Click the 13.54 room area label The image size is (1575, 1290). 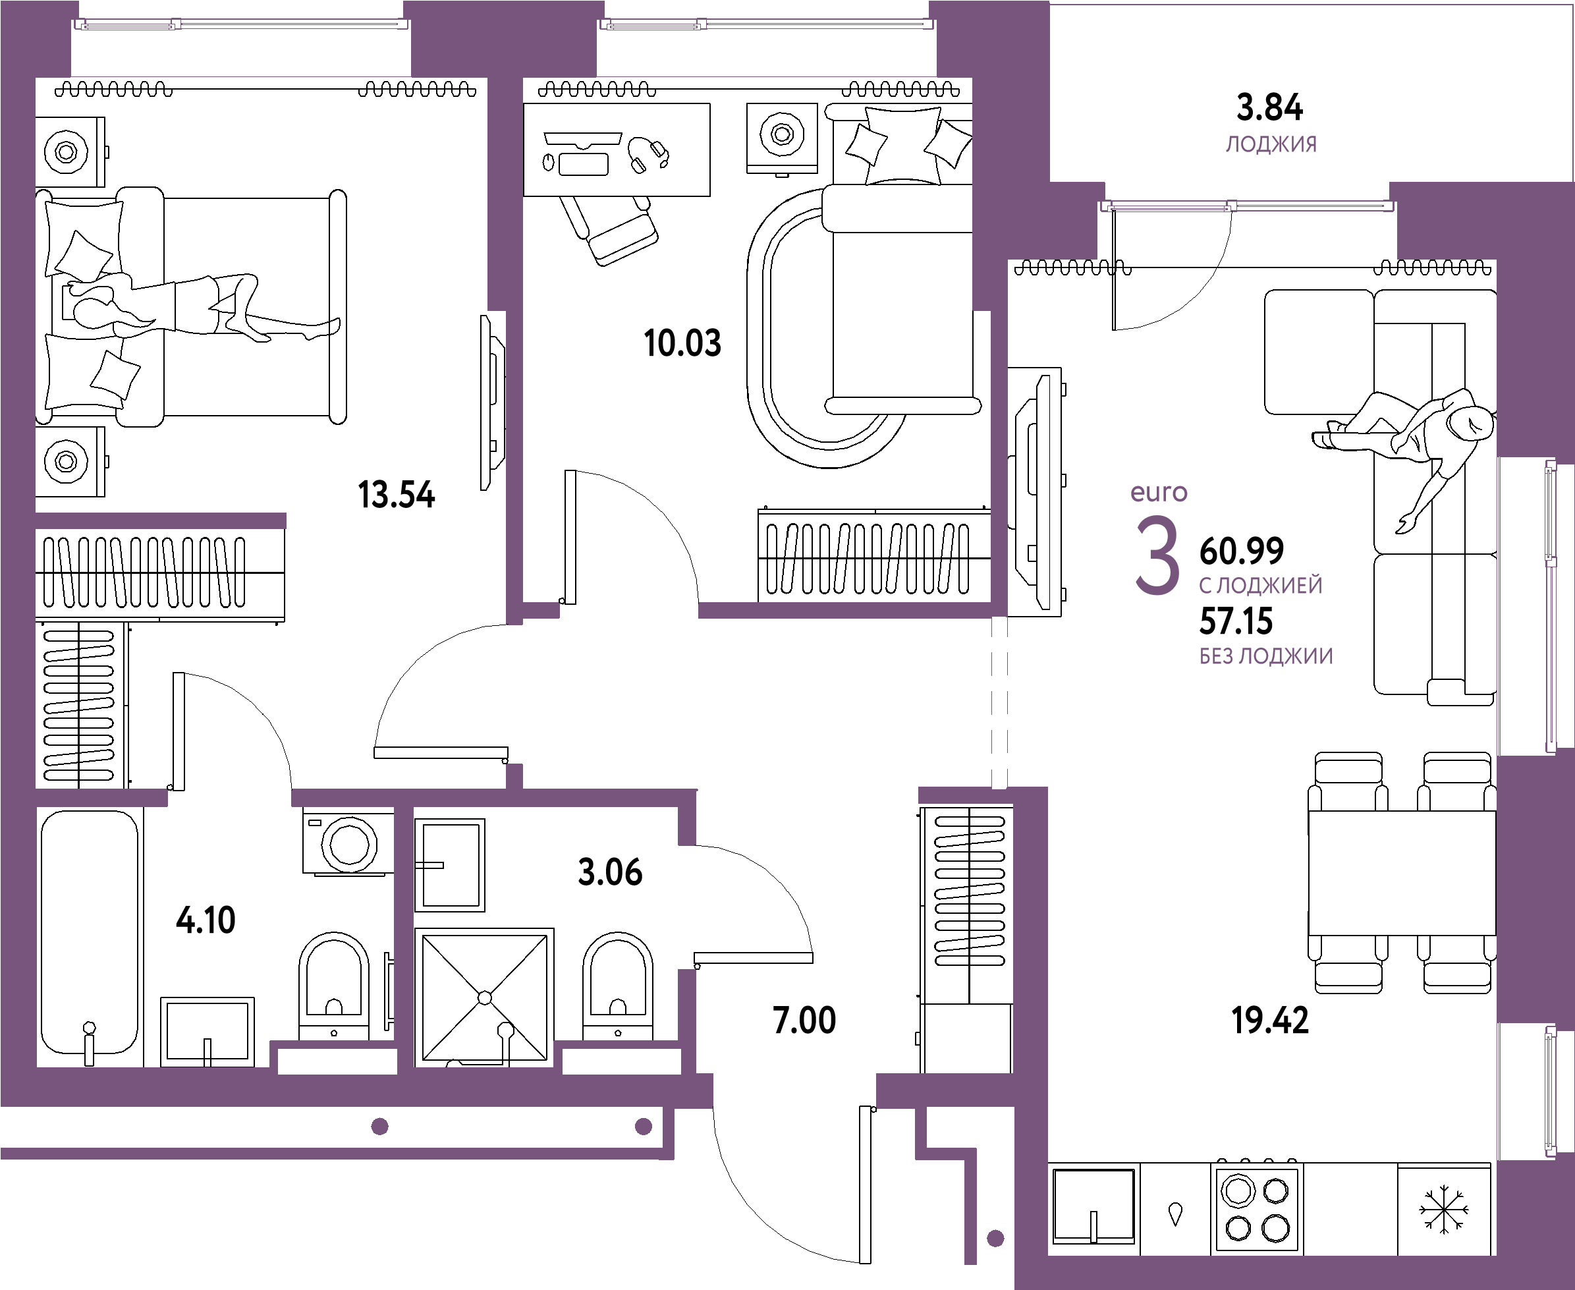click(397, 495)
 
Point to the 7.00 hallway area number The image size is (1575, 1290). click(804, 1021)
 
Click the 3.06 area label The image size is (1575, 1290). click(610, 872)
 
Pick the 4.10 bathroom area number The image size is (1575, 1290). click(206, 922)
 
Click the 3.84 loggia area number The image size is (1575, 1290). click(1269, 109)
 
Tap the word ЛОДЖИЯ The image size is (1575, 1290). click(1271, 145)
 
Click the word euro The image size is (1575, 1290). click(1158, 493)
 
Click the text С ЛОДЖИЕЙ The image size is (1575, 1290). click(1261, 586)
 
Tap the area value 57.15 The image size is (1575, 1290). click(1237, 621)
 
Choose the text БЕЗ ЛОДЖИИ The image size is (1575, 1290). click(1266, 656)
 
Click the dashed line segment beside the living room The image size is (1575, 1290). click(999, 702)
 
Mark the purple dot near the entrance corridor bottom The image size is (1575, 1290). click(995, 1239)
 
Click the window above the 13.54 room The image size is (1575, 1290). click(242, 25)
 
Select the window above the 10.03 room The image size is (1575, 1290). click(767, 25)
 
